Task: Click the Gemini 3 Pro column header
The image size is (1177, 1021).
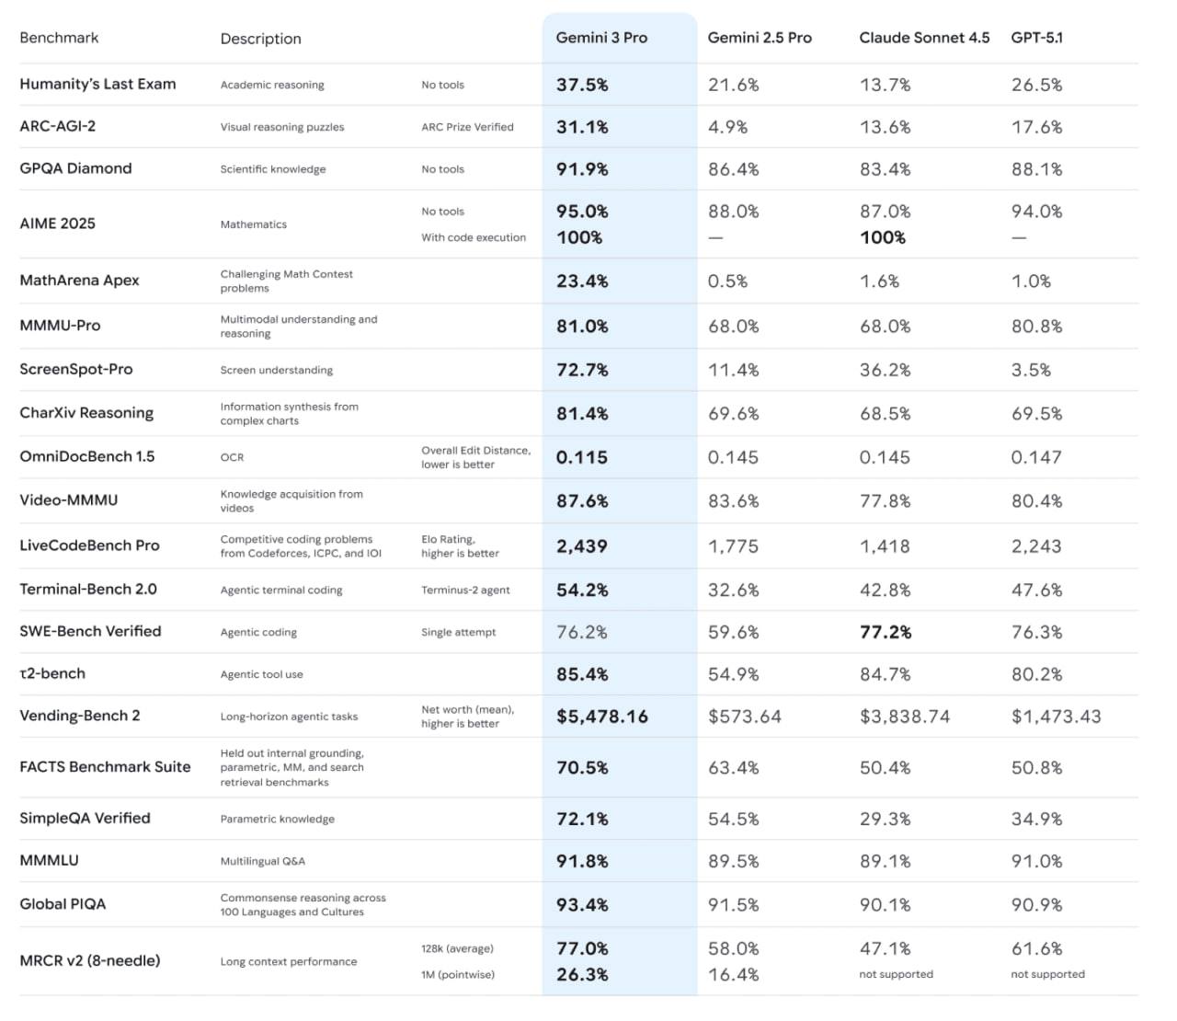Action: coord(601,38)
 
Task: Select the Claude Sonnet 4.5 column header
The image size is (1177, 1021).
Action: coord(924,38)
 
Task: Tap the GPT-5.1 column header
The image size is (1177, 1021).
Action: coord(1036,38)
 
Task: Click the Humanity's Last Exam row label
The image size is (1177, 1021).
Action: coord(97,84)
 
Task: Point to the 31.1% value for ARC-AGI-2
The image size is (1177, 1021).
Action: coord(582,127)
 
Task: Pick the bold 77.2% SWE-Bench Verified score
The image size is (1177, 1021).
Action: coord(886,632)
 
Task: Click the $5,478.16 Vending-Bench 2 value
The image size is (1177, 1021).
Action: coord(602,717)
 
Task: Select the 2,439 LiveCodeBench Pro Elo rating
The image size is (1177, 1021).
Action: coord(582,546)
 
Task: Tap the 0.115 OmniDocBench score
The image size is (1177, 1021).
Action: coord(582,457)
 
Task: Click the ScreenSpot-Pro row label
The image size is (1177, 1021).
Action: coord(76,369)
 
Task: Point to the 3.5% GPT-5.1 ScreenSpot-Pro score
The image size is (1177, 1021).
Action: coord(1031,370)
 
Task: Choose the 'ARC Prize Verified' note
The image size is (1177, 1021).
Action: coord(467,127)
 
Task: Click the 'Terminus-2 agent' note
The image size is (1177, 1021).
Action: coord(465,590)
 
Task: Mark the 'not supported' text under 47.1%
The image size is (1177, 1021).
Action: coord(896,974)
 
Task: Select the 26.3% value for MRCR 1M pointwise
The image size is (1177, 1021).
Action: coord(582,974)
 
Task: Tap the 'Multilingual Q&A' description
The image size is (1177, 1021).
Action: coord(263,861)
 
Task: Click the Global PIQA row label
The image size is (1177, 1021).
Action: coord(63,904)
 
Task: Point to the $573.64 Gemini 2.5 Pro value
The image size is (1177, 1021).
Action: coord(744,717)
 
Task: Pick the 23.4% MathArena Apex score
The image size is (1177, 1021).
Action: coord(582,281)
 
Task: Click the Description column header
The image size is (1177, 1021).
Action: coord(260,39)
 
